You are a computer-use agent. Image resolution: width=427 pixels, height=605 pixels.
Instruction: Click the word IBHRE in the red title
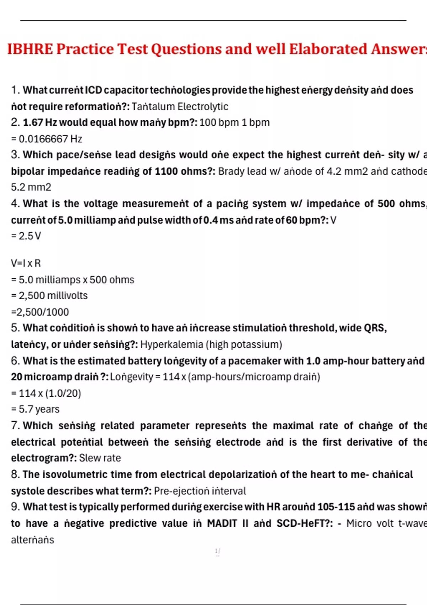click(x=30, y=49)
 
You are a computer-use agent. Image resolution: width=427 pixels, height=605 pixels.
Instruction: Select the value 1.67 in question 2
click(x=33, y=122)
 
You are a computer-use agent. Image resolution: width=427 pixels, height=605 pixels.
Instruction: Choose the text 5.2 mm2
click(x=31, y=187)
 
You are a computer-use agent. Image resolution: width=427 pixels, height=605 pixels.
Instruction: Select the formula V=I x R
click(x=26, y=263)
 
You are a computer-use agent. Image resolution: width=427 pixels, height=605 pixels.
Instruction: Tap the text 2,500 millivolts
click(x=53, y=296)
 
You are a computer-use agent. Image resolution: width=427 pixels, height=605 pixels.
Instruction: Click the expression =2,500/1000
click(x=40, y=312)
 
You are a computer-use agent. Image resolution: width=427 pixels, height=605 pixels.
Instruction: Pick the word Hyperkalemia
click(x=172, y=344)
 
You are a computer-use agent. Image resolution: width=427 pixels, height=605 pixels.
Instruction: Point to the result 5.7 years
click(x=39, y=409)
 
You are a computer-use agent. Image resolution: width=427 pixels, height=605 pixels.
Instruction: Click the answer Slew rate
click(x=100, y=458)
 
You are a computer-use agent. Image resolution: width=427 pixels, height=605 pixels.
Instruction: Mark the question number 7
click(x=15, y=426)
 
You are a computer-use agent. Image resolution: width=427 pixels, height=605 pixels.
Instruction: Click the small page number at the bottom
click(x=217, y=551)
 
